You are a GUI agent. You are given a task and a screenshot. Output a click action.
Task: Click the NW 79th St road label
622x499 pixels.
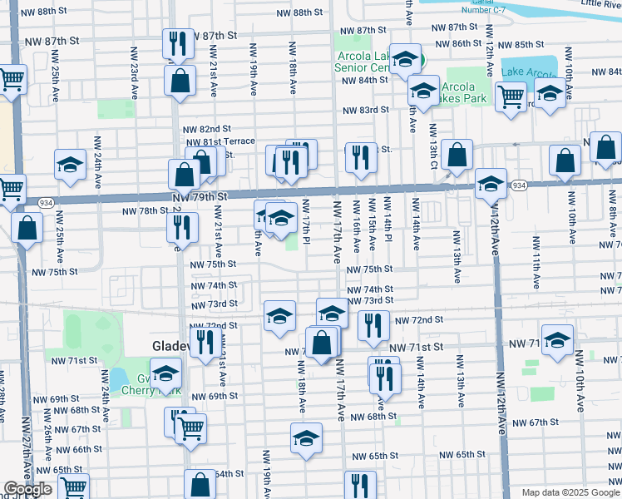tap(200, 196)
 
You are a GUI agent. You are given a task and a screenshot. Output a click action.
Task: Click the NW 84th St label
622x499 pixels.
tap(366, 80)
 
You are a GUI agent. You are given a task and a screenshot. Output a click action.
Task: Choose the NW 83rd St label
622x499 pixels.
tap(367, 110)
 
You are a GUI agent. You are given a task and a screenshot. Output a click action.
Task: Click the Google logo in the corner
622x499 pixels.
tap(27, 490)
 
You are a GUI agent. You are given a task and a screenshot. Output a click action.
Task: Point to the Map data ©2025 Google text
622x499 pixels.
tap(570, 492)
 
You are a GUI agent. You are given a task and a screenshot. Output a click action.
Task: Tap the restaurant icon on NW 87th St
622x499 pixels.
tap(177, 42)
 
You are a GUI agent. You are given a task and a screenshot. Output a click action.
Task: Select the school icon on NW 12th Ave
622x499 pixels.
tap(491, 183)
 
